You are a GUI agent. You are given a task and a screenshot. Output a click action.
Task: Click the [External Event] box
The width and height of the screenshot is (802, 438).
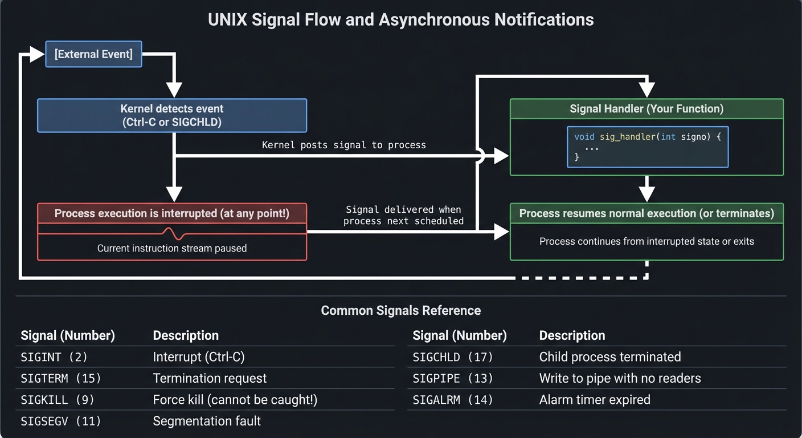[x=93, y=54]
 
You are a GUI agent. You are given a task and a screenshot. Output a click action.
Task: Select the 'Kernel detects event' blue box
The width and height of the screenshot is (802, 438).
[x=171, y=115]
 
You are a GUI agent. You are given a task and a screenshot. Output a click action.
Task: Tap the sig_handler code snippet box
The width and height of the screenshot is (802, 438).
[x=648, y=147]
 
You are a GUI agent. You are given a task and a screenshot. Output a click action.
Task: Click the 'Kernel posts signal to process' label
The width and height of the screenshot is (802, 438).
[x=343, y=145]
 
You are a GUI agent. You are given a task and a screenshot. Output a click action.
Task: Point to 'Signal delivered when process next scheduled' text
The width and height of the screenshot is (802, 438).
[x=403, y=215]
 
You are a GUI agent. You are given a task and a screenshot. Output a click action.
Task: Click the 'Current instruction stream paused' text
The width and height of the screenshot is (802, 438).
[x=171, y=248]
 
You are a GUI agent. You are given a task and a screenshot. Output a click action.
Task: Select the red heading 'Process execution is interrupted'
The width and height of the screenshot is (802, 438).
[x=171, y=213]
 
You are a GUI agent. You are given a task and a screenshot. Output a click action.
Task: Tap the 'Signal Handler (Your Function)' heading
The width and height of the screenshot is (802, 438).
[x=646, y=108]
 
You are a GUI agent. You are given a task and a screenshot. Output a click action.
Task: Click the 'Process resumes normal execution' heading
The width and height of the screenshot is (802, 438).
[x=646, y=213]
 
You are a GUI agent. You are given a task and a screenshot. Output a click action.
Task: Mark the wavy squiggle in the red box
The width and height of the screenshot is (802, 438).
[x=174, y=233]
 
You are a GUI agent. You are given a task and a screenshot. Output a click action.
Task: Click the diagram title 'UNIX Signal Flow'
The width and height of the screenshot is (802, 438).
[x=400, y=19]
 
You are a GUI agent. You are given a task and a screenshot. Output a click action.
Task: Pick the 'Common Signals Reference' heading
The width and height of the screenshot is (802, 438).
[x=400, y=310]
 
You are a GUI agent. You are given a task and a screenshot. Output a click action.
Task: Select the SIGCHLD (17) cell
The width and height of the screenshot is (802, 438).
[x=453, y=357]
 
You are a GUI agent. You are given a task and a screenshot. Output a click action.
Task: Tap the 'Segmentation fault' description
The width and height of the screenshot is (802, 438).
[x=207, y=421]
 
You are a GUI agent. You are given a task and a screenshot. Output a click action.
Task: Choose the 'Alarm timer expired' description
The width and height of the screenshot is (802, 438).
[x=594, y=400]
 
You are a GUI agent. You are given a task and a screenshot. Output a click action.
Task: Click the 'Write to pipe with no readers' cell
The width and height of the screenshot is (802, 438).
[x=620, y=378]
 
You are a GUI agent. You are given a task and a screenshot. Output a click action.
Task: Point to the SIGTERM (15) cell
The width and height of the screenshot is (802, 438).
[x=61, y=378]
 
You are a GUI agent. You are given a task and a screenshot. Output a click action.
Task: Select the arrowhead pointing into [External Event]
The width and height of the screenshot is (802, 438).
[x=38, y=55]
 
